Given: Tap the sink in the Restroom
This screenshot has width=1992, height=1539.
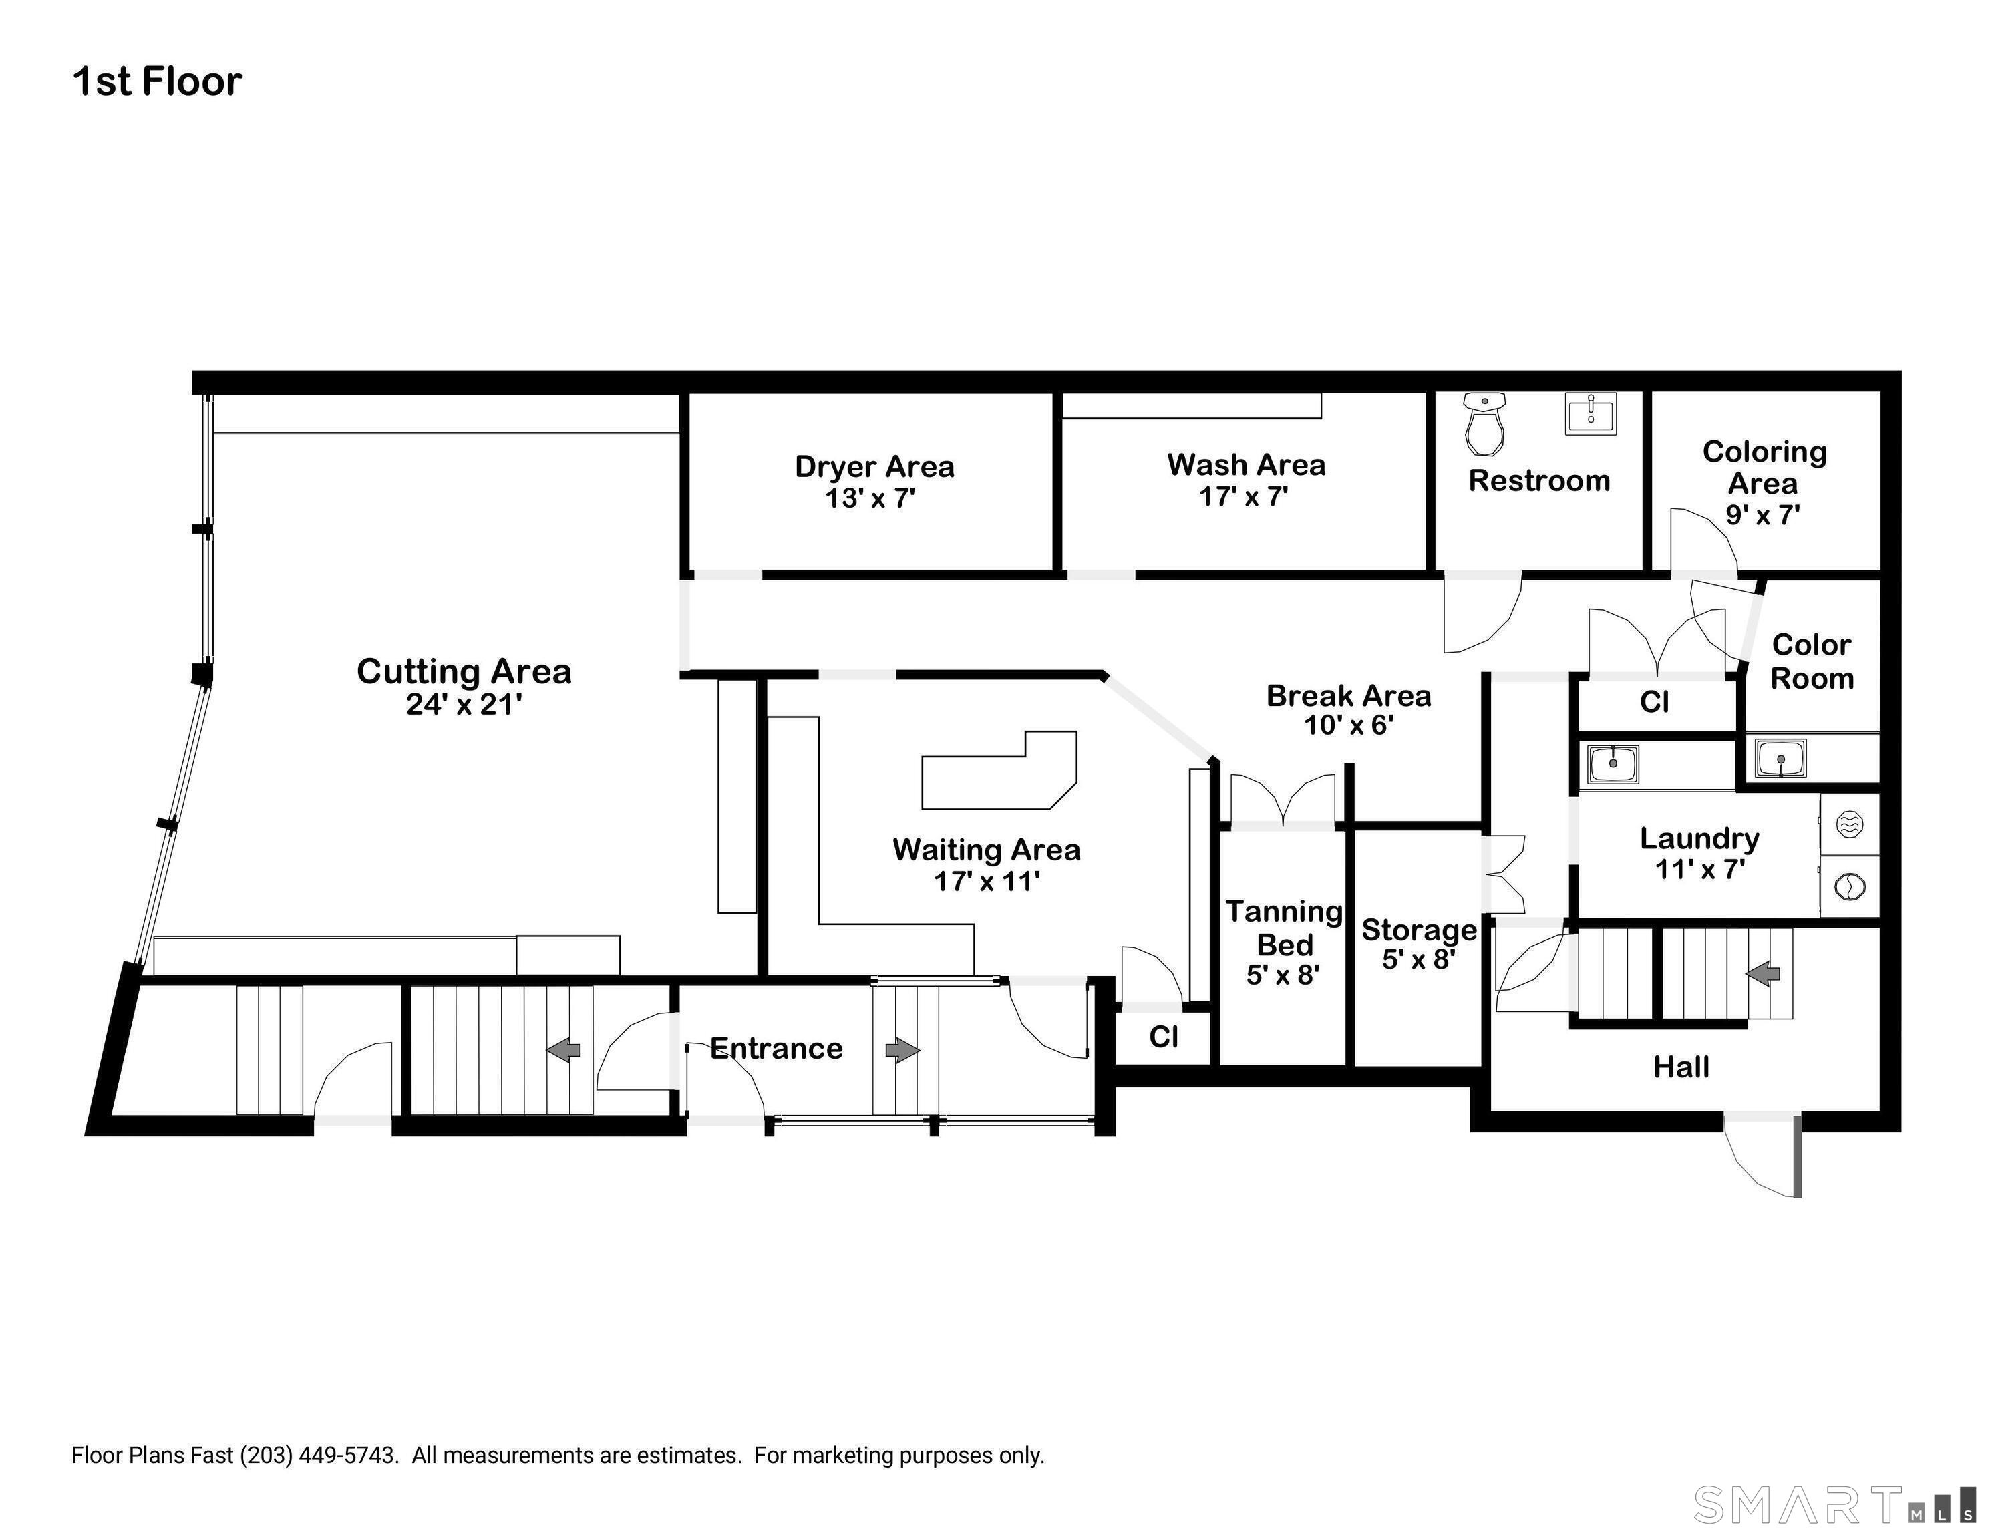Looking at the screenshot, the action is (x=1591, y=413).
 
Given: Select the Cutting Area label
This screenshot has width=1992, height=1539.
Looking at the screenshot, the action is (x=464, y=671).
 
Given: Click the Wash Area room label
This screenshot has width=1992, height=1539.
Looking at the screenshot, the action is (x=1246, y=464).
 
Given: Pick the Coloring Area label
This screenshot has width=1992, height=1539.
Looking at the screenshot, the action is (x=1764, y=467).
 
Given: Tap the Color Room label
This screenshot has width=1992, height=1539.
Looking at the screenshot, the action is (x=1812, y=661).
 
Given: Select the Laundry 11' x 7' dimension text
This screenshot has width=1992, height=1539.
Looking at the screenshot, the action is (x=1700, y=868).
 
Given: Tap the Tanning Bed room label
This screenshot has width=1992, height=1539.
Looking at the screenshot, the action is (x=1284, y=928).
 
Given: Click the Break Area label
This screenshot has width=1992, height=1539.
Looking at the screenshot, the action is (x=1348, y=696).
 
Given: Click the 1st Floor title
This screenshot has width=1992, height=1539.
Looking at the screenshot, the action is (x=157, y=81).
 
